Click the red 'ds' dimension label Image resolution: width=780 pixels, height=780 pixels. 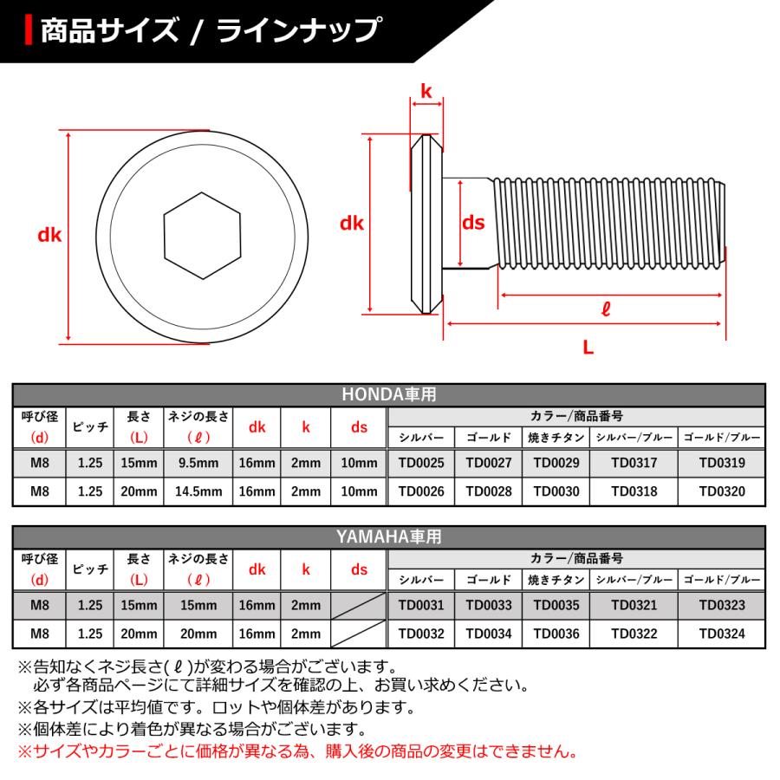[x=472, y=224]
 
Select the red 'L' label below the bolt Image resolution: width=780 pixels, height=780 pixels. [x=588, y=348]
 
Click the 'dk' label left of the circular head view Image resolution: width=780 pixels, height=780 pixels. [x=50, y=235]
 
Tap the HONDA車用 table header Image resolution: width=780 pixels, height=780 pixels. [x=388, y=394]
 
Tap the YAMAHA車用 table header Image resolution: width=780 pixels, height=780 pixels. [x=388, y=537]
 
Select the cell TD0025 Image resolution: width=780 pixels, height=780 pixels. [x=420, y=463]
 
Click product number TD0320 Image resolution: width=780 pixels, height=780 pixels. [x=722, y=491]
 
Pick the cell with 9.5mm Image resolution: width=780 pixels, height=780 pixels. [x=198, y=463]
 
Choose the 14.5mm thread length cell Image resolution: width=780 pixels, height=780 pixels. [x=198, y=491]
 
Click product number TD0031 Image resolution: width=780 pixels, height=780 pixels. [x=420, y=605]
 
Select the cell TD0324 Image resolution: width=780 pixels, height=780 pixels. [x=722, y=634]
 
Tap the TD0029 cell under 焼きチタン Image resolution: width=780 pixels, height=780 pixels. [x=556, y=463]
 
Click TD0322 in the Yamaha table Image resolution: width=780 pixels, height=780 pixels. [x=634, y=634]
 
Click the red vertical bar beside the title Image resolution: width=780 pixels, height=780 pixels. [x=30, y=31]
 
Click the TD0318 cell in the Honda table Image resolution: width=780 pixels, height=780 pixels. [x=634, y=491]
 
